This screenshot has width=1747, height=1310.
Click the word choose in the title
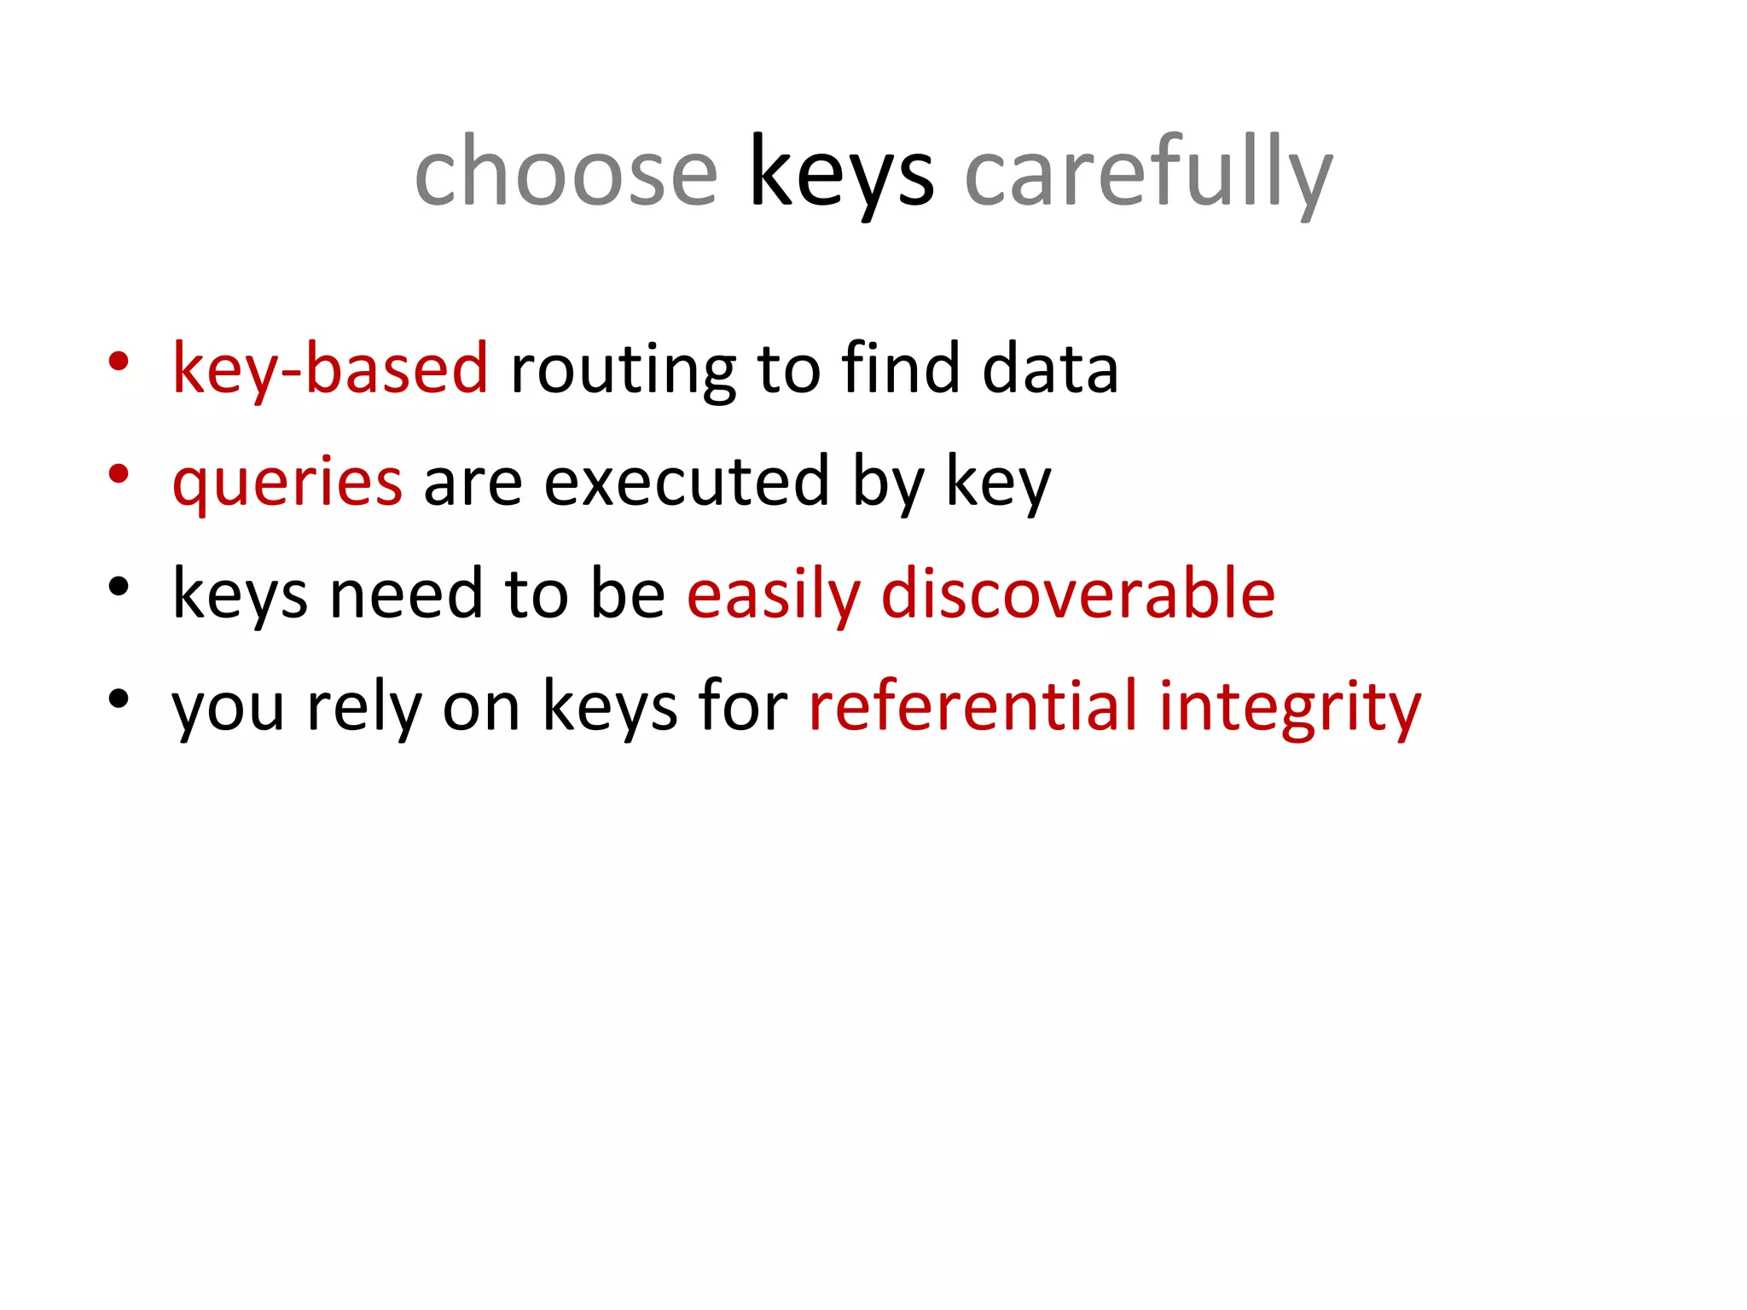[566, 173]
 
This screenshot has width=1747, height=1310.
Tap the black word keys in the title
[841, 173]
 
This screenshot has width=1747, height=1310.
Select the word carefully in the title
[1148, 173]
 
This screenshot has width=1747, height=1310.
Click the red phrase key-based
[330, 369]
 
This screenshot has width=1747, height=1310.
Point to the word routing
[623, 369]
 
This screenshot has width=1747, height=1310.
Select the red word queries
[287, 482]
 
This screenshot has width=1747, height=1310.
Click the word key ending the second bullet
[999, 482]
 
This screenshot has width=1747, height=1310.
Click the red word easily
[774, 594]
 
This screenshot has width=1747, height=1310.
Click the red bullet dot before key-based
[119, 361]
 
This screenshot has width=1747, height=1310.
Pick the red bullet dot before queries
[119, 473]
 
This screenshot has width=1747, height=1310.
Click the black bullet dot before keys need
[119, 586]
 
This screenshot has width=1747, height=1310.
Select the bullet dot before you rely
[119, 698]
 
